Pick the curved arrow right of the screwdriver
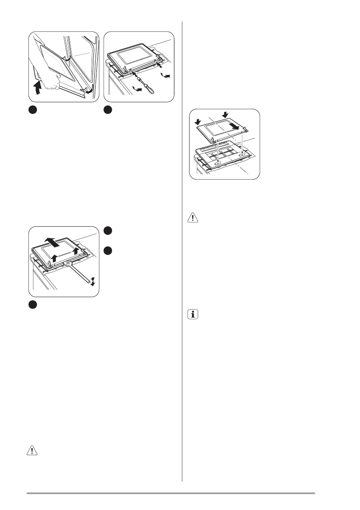[165, 75]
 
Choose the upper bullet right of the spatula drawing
[108, 230]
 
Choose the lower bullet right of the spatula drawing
[108, 249]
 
